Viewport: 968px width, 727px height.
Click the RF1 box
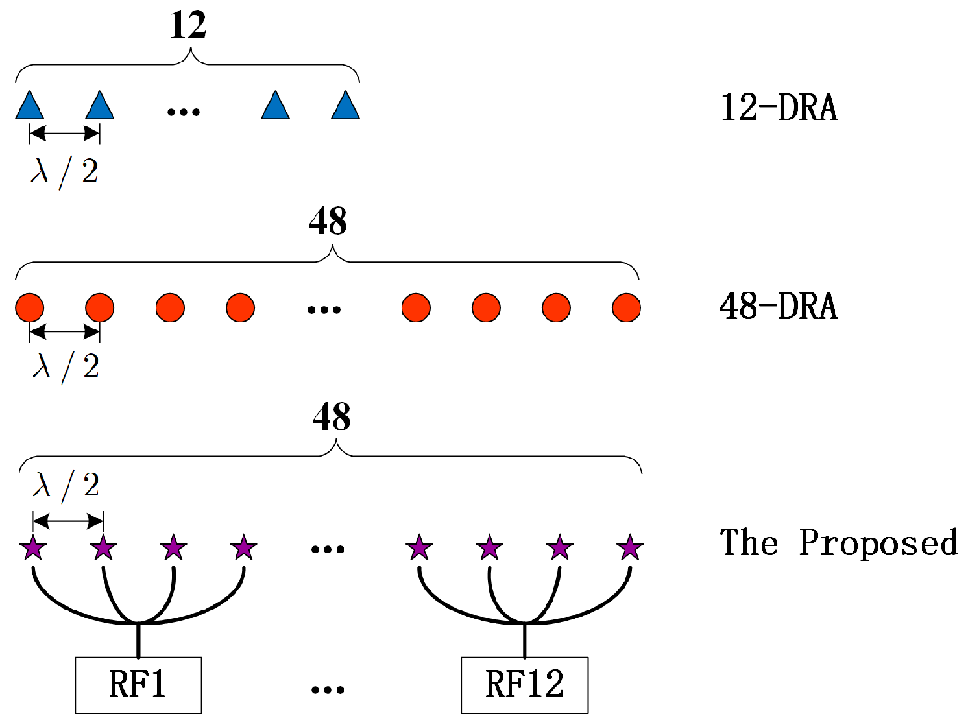(x=138, y=685)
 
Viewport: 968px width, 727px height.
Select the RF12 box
(x=524, y=685)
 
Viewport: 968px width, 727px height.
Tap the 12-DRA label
(x=779, y=108)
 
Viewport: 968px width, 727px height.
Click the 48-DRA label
(x=779, y=306)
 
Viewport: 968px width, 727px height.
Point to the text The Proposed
(x=839, y=543)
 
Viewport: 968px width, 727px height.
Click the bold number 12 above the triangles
(x=188, y=26)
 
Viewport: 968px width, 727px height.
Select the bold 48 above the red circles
(x=328, y=222)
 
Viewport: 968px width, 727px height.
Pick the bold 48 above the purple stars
(x=332, y=417)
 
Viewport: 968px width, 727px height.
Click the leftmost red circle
(x=30, y=307)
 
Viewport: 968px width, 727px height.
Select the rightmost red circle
(x=626, y=307)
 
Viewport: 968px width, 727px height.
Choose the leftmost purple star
(x=33, y=548)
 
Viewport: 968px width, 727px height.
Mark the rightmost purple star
(x=629, y=548)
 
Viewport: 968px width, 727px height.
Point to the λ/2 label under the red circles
(x=66, y=368)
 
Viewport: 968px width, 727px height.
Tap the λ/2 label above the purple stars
(x=66, y=486)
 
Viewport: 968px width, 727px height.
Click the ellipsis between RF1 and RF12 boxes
(x=328, y=689)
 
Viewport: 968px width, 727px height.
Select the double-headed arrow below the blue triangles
(x=65, y=134)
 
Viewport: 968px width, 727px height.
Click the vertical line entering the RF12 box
(x=524, y=641)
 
